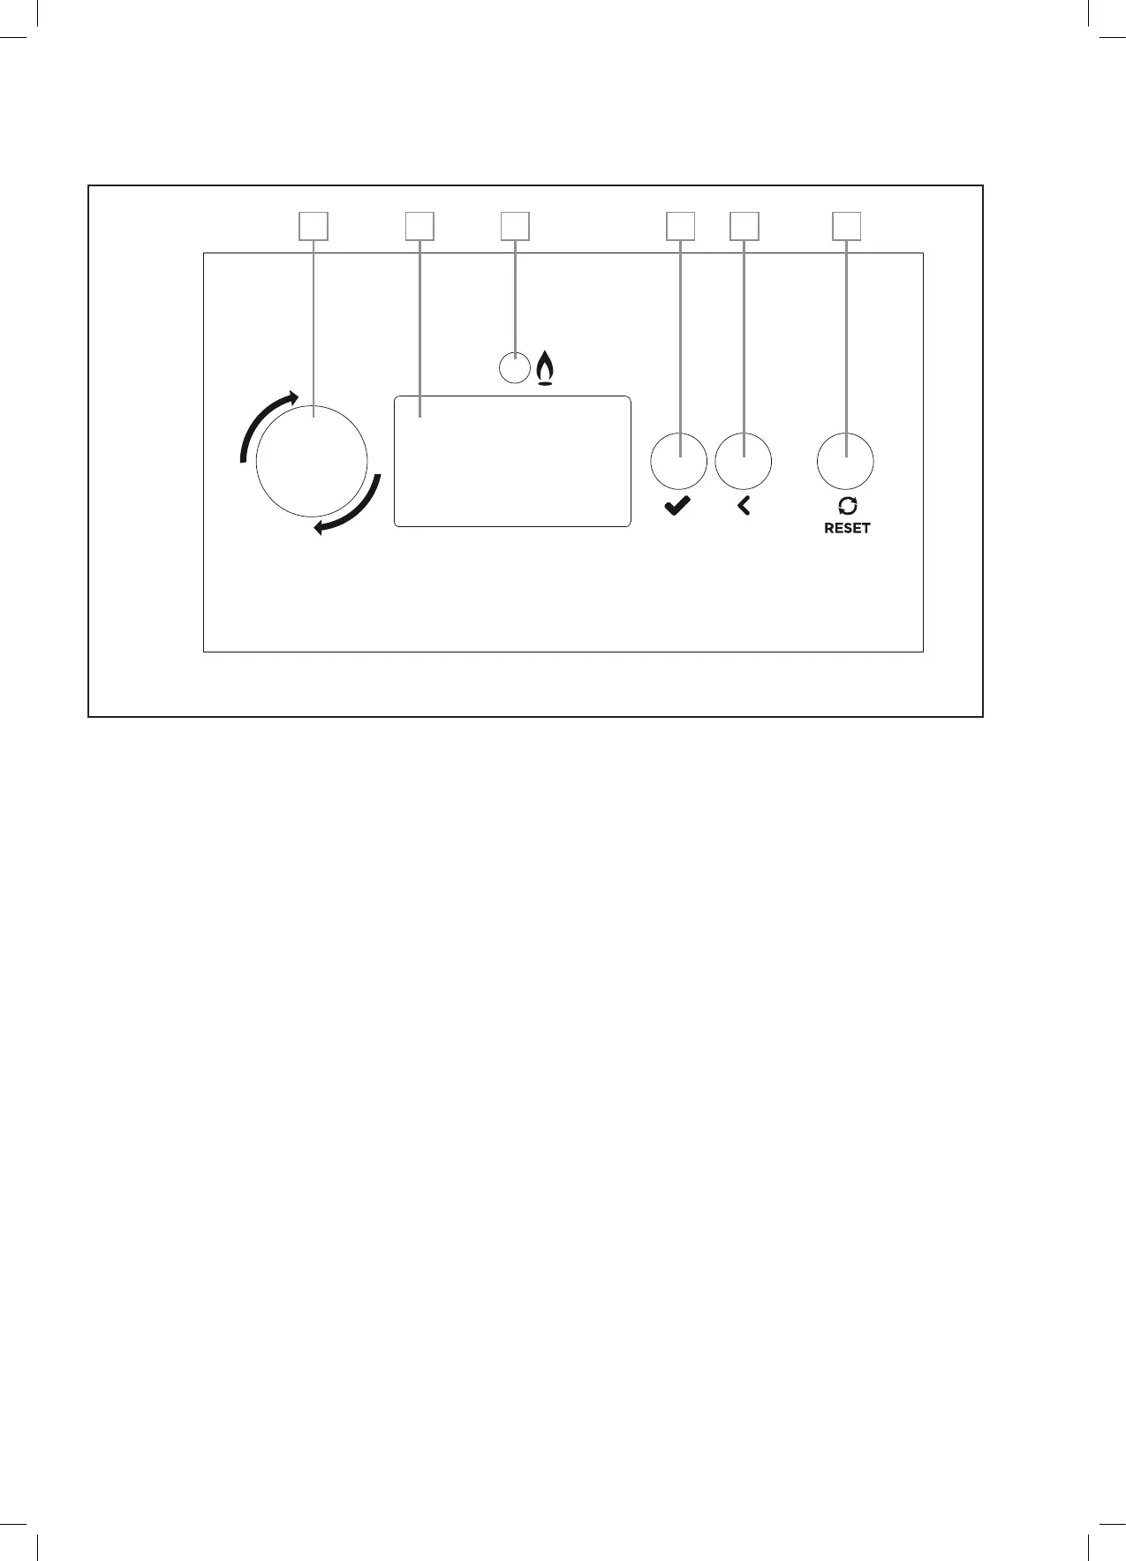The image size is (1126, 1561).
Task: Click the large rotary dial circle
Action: point(311,461)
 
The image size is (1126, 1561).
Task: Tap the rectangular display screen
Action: point(512,462)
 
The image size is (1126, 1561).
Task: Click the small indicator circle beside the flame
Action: point(514,367)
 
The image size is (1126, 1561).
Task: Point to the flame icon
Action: point(545,369)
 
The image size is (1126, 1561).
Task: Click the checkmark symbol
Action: point(677,507)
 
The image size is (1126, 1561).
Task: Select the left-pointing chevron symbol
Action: point(744,506)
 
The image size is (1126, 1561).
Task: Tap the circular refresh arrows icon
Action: point(847,506)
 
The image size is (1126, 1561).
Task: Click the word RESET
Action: point(847,528)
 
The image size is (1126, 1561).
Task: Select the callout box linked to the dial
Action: point(314,226)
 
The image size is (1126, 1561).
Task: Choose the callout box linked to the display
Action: point(419,226)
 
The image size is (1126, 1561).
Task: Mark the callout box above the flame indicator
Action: point(515,226)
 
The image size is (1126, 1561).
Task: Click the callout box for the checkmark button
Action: point(679,226)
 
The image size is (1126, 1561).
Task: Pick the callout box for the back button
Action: point(744,226)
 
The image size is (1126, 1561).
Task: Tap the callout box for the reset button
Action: point(847,226)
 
